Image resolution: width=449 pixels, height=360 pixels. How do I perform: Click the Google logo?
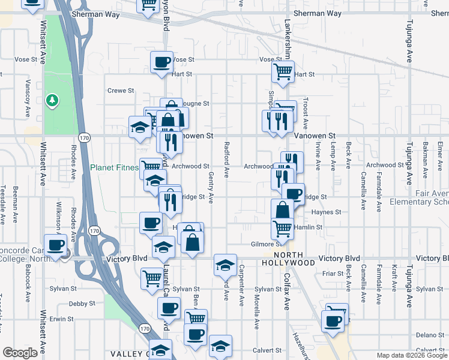pyautogui.click(x=20, y=353)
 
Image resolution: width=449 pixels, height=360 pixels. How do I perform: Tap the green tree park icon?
pyautogui.click(x=53, y=99)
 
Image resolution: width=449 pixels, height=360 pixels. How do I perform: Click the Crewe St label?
pyautogui.click(x=121, y=91)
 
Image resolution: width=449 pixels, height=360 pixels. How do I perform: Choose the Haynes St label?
pyautogui.click(x=326, y=212)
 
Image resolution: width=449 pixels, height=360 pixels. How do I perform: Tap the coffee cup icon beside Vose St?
pyautogui.click(x=161, y=62)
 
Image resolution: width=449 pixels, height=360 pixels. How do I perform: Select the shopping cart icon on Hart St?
pyautogui.click(x=283, y=72)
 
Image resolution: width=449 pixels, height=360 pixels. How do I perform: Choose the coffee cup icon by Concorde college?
pyautogui.click(x=56, y=245)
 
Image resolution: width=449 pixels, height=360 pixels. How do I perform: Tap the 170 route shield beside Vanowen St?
pyautogui.click(x=87, y=137)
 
